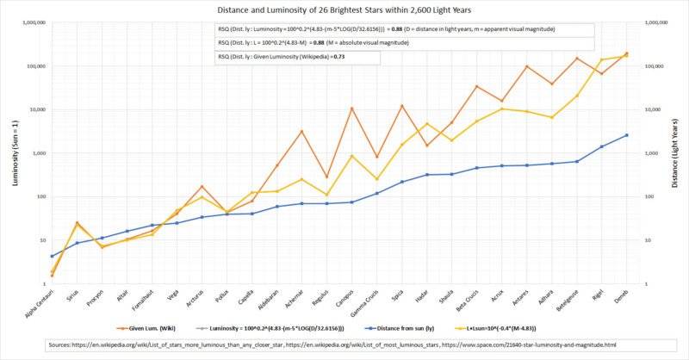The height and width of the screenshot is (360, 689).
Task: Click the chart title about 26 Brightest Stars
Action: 344,10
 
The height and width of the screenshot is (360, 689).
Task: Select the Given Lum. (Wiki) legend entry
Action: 142,328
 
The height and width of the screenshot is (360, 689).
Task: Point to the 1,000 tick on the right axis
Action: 657,153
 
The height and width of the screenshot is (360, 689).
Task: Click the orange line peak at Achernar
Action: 301,131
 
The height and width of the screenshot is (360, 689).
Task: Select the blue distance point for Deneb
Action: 626,135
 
